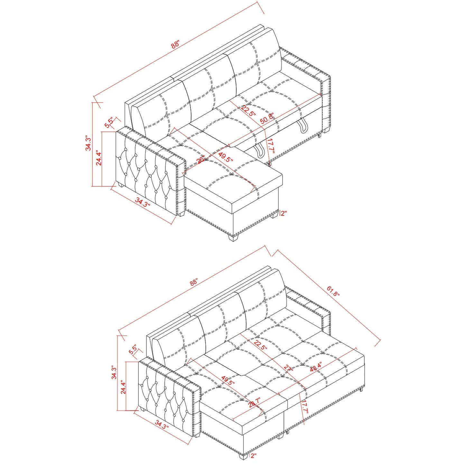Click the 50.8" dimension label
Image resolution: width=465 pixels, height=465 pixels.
click(267, 118)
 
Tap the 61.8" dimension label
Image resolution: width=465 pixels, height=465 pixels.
click(333, 292)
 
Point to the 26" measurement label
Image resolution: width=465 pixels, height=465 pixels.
click(200, 160)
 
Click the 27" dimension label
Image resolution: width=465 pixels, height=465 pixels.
click(288, 368)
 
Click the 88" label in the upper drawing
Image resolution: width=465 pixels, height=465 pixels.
click(175, 44)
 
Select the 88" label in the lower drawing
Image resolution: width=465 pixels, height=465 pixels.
click(193, 283)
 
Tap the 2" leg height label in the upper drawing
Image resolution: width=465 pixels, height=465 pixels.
click(284, 213)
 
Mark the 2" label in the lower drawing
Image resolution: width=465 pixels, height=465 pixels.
click(254, 455)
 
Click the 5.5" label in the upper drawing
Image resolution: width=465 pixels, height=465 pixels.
click(109, 123)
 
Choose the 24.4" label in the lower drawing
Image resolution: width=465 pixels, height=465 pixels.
click(124, 386)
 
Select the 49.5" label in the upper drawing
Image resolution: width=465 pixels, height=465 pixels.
click(225, 157)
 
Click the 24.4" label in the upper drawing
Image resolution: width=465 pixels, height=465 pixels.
click(99, 158)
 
